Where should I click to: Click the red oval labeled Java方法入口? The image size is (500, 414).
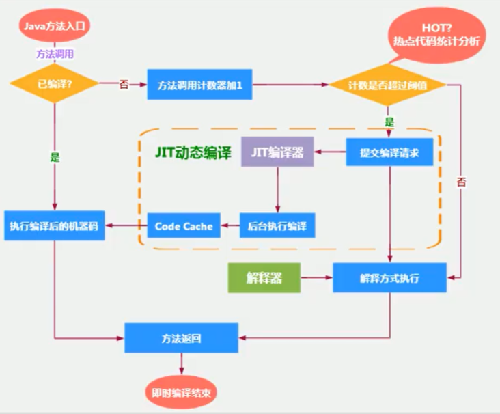click(x=55, y=26)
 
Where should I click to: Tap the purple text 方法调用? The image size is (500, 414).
click(x=55, y=54)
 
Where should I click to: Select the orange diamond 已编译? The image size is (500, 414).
click(x=55, y=84)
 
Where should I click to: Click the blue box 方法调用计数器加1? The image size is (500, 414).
click(x=199, y=85)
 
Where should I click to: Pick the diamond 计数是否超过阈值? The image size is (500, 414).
click(x=387, y=85)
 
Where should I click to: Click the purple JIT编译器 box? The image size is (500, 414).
click(x=277, y=152)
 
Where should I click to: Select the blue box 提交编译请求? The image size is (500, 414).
click(x=389, y=152)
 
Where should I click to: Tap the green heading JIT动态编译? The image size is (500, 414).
click(x=193, y=152)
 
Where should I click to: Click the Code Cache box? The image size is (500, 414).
click(x=184, y=225)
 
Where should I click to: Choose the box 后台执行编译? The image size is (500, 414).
click(x=277, y=225)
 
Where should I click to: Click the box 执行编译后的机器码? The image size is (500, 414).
click(x=54, y=225)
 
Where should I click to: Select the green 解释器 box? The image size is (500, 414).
click(x=264, y=277)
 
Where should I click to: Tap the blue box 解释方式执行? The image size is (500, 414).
click(x=389, y=277)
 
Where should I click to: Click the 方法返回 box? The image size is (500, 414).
click(x=181, y=337)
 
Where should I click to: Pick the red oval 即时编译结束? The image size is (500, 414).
click(x=181, y=393)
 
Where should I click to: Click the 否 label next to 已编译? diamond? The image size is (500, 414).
click(x=124, y=85)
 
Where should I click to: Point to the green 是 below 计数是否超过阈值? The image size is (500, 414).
click(x=389, y=122)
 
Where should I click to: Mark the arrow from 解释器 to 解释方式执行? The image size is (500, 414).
click(x=317, y=277)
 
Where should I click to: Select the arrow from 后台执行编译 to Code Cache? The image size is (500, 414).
click(x=230, y=225)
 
